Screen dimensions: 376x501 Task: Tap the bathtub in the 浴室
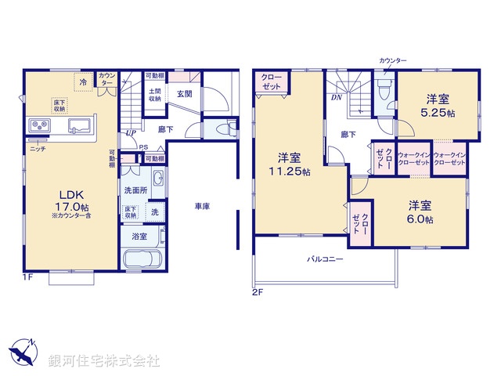tap(142, 260)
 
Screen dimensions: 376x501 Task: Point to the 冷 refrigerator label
tap(83, 80)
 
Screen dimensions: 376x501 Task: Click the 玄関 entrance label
tap(185, 94)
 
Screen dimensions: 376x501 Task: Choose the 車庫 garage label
tap(203, 206)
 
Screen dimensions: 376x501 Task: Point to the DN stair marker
tap(336, 98)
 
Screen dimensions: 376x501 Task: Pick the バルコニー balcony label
tap(324, 258)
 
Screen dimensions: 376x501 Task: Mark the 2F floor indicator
tap(258, 291)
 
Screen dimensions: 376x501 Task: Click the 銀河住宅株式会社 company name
tap(105, 361)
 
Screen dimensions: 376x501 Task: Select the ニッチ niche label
tap(37, 148)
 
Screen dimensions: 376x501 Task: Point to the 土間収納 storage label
tap(155, 95)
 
